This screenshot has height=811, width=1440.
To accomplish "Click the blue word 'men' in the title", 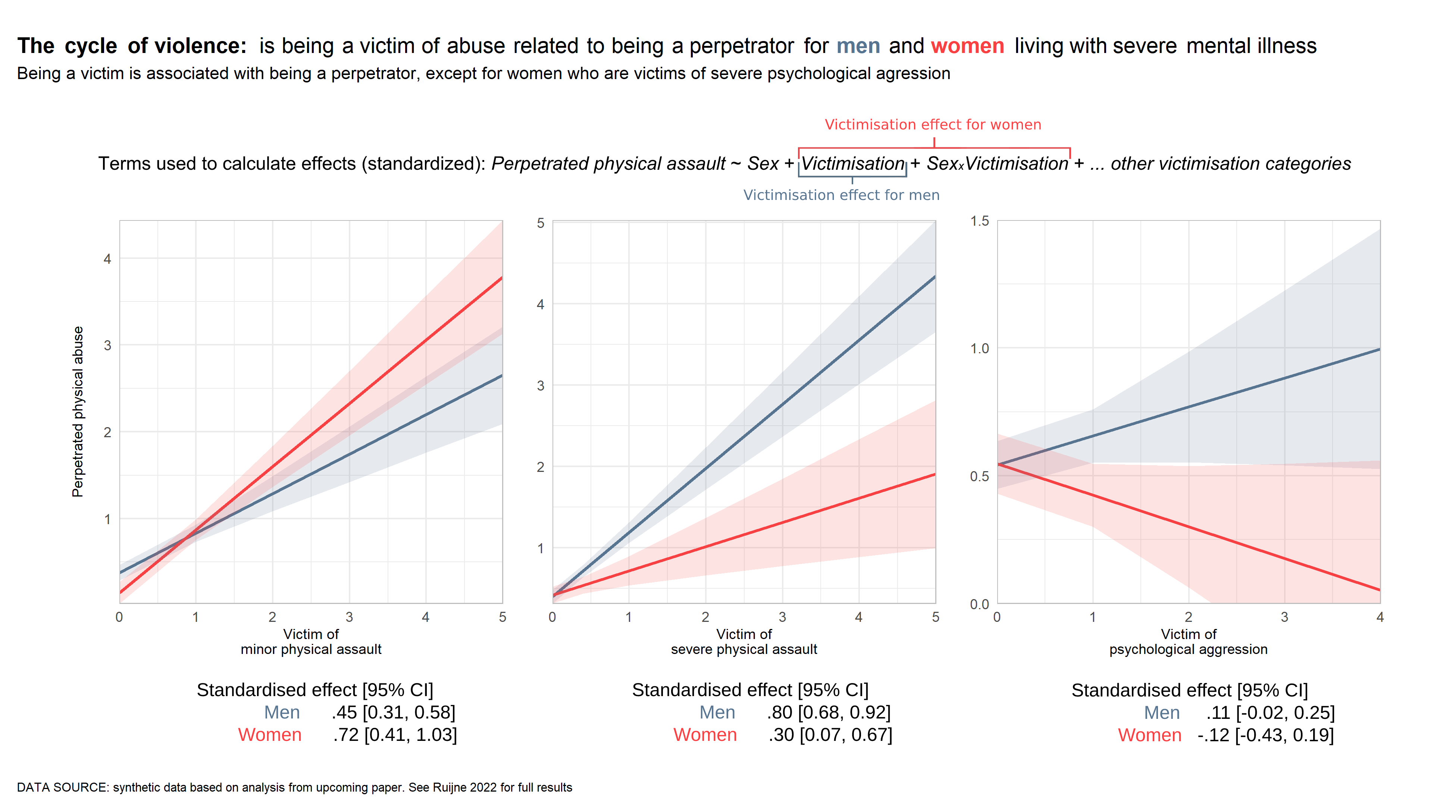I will click(858, 46).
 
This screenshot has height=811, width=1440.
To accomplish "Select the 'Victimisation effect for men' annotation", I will click(841, 195).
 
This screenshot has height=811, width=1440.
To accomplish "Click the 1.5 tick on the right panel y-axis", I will click(979, 221).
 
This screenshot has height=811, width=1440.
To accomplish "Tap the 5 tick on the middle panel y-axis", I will click(540, 223).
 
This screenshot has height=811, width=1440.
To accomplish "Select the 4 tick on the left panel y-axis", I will click(107, 259).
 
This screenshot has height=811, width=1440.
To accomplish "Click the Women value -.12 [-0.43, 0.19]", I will click(1265, 735).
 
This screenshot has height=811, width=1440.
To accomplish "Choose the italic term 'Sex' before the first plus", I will click(763, 164).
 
